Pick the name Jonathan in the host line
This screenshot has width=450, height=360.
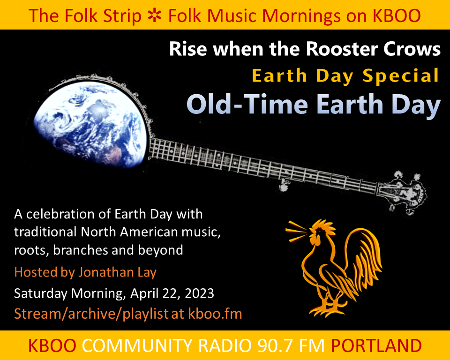click(104, 272)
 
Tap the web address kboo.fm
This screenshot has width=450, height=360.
click(215, 314)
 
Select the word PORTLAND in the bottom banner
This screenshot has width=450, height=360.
click(376, 346)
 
